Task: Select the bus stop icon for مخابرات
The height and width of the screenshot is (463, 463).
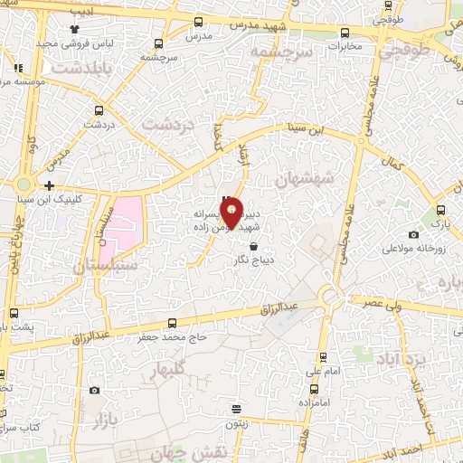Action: click(345, 33)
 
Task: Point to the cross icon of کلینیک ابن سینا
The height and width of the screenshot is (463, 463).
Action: click(49, 185)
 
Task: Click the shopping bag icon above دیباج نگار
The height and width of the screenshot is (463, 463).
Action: click(252, 246)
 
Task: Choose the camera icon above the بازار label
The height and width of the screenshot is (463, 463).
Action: click(95, 390)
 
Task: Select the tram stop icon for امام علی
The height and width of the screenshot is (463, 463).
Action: click(323, 355)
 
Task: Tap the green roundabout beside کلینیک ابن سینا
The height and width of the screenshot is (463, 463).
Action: click(23, 185)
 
